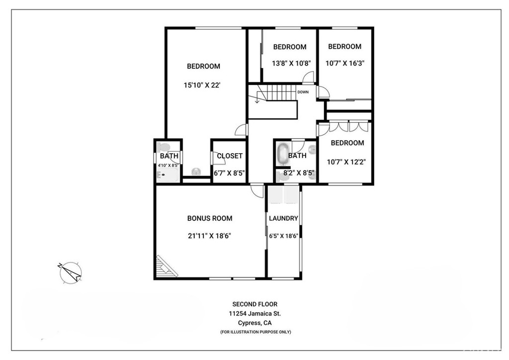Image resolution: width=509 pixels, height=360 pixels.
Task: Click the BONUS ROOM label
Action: pyautogui.click(x=210, y=218)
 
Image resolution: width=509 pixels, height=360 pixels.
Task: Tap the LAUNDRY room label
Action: pyautogui.click(x=283, y=218)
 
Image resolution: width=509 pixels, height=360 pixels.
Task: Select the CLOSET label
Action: pyautogui.click(x=230, y=156)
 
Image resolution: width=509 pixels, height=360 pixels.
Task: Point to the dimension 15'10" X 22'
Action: pyautogui.click(x=202, y=86)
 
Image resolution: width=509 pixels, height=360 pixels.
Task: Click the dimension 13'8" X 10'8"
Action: pyautogui.click(x=291, y=63)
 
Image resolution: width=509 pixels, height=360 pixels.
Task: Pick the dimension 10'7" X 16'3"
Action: pyautogui.click(x=345, y=63)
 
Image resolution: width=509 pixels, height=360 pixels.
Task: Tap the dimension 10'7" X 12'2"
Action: pyautogui.click(x=346, y=162)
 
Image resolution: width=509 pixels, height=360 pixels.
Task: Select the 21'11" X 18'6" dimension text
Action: pyautogui.click(x=209, y=236)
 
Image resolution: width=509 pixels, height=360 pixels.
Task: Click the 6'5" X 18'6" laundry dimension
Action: pyautogui.click(x=283, y=236)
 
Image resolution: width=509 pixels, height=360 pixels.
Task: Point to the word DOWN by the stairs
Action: pyautogui.click(x=303, y=92)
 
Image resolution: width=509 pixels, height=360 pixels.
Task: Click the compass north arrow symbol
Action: pyautogui.click(x=71, y=272)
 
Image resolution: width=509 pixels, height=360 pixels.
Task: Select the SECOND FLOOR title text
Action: pyautogui.click(x=255, y=304)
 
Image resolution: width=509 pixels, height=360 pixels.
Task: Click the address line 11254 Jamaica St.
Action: pyautogui.click(x=255, y=314)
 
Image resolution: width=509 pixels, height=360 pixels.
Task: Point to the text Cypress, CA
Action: pyautogui.click(x=255, y=323)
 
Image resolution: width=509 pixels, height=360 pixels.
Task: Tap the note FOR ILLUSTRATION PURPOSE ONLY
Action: pyautogui.click(x=255, y=332)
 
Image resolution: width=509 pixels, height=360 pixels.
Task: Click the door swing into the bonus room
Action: pyautogui.click(x=257, y=191)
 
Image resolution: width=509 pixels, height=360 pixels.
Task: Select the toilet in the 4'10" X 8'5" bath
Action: pyautogui.click(x=162, y=147)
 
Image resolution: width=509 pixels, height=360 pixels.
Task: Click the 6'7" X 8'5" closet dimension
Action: pyautogui.click(x=229, y=173)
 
